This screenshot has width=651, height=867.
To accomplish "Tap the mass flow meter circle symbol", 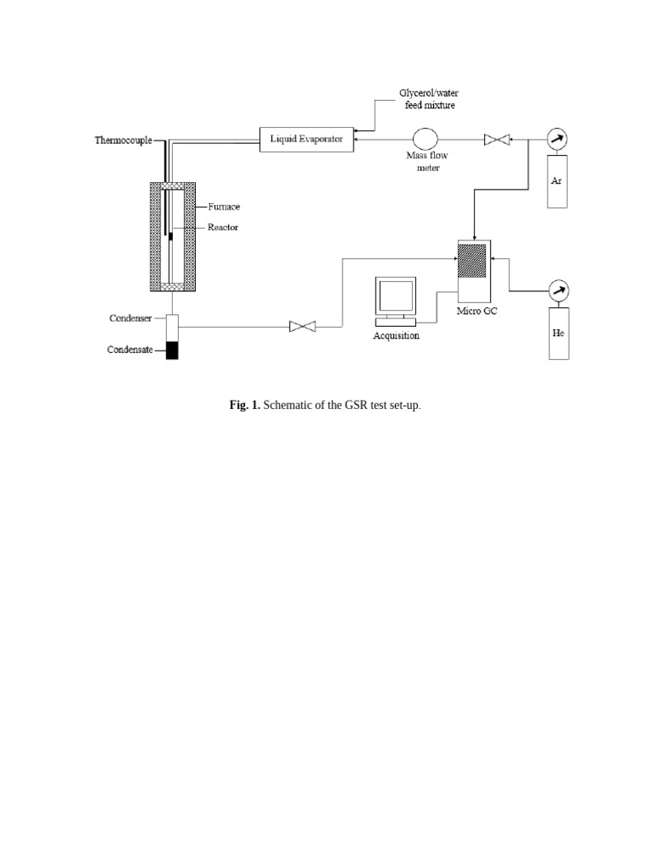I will [424, 139].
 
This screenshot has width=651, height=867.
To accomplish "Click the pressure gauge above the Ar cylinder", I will [557, 139].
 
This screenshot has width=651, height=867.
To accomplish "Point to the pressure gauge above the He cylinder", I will [557, 290].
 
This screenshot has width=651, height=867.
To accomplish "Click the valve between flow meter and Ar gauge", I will [495, 140].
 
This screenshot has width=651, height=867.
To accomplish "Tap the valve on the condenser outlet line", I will [303, 326].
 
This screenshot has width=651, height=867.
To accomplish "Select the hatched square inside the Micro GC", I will [473, 260].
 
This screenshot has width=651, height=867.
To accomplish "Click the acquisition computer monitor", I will [396, 297].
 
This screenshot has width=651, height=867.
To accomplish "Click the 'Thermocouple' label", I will [123, 141].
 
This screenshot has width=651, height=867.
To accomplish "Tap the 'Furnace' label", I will [225, 206].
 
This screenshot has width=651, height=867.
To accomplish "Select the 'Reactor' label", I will [224, 227].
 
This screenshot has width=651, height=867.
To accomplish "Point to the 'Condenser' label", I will [131, 319].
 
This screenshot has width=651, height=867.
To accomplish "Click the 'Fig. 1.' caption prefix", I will [245, 406].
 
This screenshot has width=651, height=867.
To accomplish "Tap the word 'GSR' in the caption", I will [356, 406].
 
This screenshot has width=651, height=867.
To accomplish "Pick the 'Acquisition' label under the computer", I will [396, 336].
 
